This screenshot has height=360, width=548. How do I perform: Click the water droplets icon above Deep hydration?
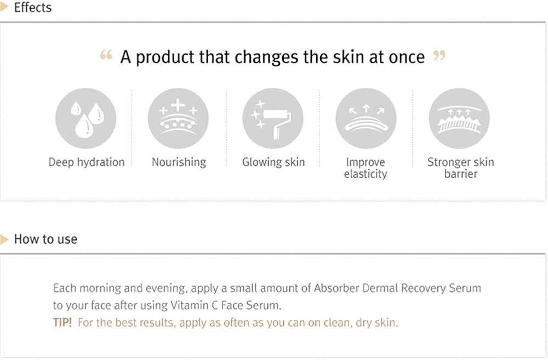(x=85, y=118)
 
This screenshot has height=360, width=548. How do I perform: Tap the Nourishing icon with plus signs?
(x=178, y=118)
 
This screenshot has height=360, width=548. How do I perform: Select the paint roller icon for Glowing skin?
(x=273, y=118)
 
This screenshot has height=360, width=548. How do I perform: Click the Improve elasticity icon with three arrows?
(x=366, y=118)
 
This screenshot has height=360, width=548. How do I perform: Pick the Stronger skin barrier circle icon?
(x=459, y=118)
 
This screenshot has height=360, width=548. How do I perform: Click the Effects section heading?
(x=33, y=7)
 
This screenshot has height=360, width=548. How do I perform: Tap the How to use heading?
(x=46, y=239)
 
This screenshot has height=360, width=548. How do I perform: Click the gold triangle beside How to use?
(x=4, y=239)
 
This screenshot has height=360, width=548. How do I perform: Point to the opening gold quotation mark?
(x=106, y=55)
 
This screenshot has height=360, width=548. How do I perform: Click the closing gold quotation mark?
(x=439, y=55)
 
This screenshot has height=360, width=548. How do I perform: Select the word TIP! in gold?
(x=62, y=322)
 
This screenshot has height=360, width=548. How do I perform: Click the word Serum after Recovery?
(x=465, y=288)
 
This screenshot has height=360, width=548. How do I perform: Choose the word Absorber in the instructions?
(x=336, y=288)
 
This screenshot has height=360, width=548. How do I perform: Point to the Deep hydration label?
(x=87, y=162)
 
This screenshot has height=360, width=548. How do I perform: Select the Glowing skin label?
(x=273, y=162)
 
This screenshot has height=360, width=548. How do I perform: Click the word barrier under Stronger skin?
(x=461, y=174)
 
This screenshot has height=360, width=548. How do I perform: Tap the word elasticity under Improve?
(x=366, y=174)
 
